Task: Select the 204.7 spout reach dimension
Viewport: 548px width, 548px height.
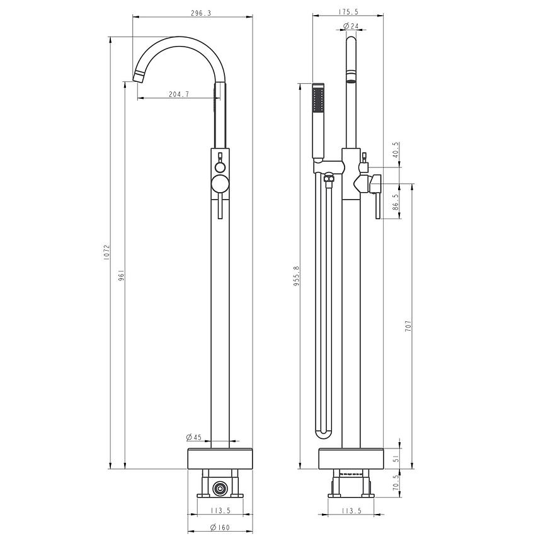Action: click(x=179, y=94)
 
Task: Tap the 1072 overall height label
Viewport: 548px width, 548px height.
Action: click(x=107, y=251)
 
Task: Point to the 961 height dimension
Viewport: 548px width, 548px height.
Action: click(x=122, y=275)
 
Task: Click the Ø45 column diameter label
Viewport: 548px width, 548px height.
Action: click(x=193, y=437)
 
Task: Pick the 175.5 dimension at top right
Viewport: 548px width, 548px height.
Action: click(x=348, y=12)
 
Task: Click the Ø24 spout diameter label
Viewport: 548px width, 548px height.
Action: click(x=351, y=26)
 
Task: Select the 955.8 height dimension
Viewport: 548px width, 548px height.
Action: click(x=297, y=275)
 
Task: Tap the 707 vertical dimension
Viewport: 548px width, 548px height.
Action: click(x=409, y=326)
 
